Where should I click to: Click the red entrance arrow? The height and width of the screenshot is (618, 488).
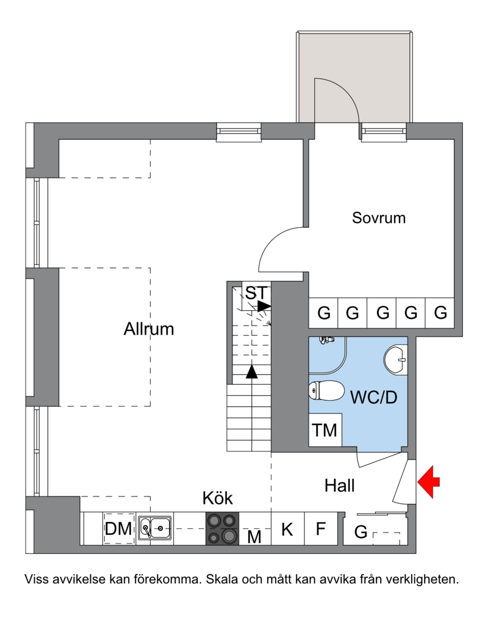[428, 482]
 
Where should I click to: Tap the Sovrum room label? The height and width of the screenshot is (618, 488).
[379, 218]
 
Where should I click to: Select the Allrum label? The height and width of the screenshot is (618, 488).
[149, 329]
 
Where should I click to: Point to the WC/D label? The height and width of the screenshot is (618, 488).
[373, 397]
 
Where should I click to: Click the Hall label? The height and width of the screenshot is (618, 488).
[339, 485]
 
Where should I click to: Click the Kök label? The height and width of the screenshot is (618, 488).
[217, 498]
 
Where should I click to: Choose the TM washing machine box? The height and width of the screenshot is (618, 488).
[325, 430]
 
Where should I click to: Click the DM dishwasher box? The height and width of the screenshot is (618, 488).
[118, 529]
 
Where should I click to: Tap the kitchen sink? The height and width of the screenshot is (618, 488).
[155, 528]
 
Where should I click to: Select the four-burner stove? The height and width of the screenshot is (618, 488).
[223, 528]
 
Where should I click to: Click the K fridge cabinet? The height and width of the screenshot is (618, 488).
[287, 529]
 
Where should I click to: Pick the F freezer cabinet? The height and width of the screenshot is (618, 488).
[321, 529]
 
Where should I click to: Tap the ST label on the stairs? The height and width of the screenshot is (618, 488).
[256, 293]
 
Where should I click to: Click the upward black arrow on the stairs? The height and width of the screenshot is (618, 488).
[252, 372]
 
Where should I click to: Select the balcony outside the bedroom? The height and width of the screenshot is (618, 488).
[354, 77]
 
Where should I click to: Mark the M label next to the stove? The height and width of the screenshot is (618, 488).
[254, 536]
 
